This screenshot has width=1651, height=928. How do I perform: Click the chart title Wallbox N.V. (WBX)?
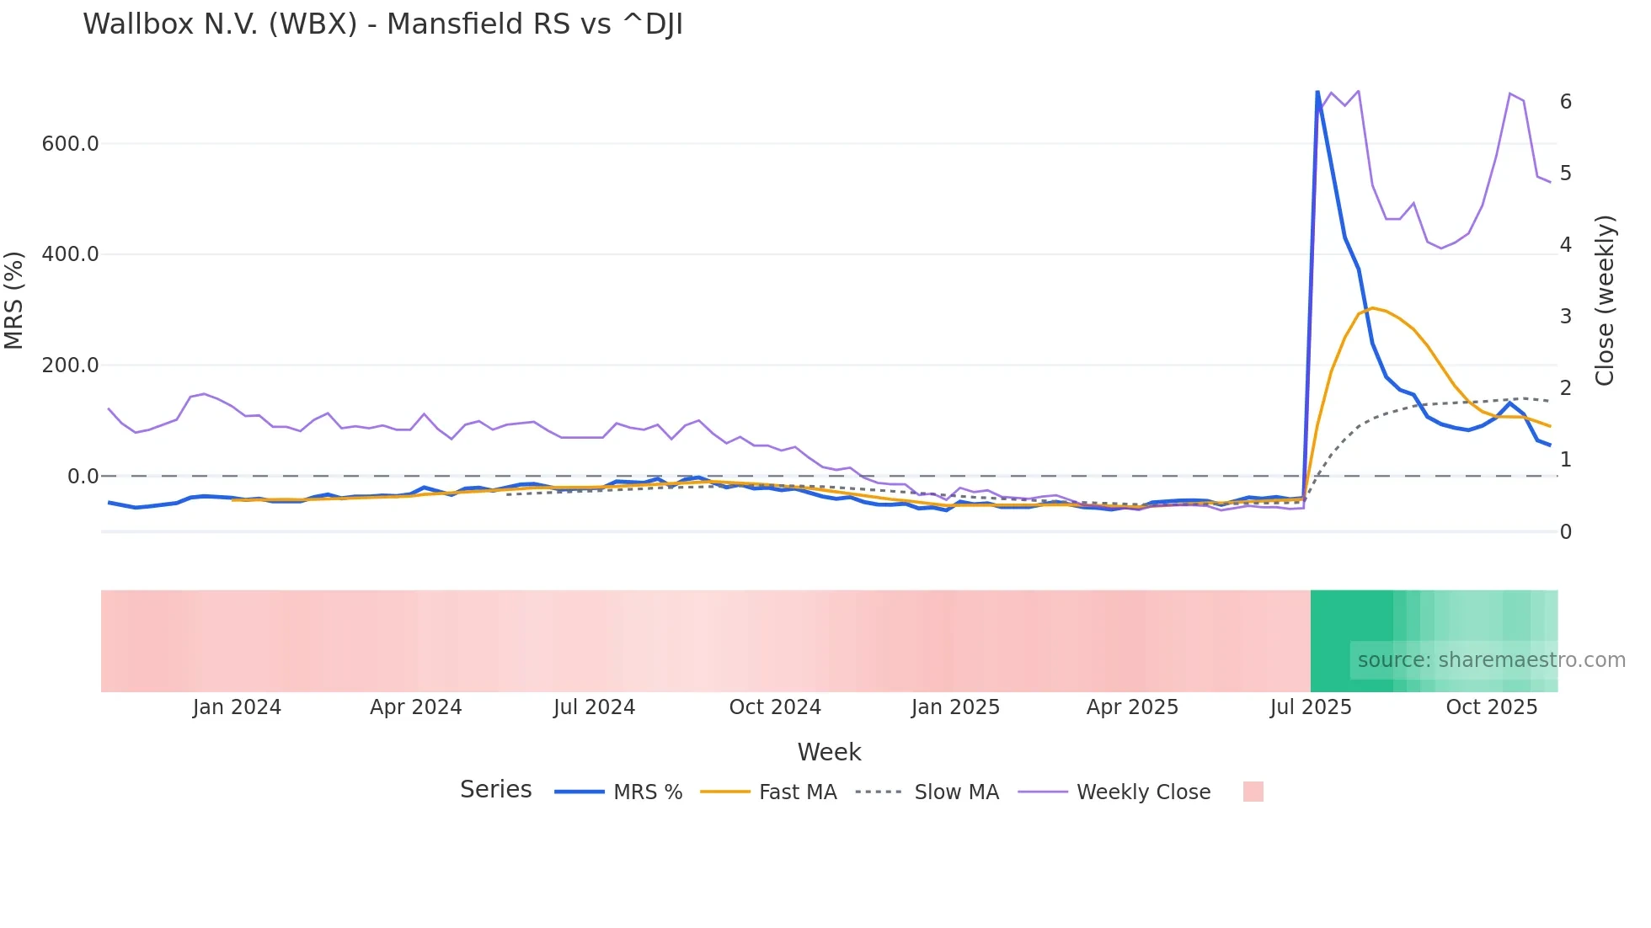tap(382, 24)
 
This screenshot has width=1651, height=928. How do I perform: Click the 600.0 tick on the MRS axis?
tap(70, 144)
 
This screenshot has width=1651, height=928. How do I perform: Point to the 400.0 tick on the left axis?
tap(70, 254)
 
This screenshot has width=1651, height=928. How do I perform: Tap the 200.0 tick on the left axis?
tap(70, 365)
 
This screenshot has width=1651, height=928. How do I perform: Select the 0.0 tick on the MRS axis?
tap(83, 477)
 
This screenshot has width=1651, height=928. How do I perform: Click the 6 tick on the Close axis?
tap(1565, 102)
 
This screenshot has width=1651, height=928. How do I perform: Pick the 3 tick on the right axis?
tap(1565, 317)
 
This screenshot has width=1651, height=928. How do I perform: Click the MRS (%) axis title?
tap(14, 300)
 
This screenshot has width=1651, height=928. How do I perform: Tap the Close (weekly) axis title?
tap(1605, 301)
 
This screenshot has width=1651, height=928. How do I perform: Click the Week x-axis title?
tap(829, 752)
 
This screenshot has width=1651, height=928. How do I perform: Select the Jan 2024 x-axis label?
tap(237, 707)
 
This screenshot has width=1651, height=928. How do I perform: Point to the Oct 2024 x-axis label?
tap(775, 707)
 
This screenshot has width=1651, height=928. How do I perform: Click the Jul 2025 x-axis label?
tap(1311, 707)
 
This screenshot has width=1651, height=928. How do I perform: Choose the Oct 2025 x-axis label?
tap(1491, 707)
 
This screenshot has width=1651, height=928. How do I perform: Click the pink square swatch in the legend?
tap(1253, 792)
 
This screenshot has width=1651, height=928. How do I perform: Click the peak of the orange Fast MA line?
tap(1372, 308)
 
